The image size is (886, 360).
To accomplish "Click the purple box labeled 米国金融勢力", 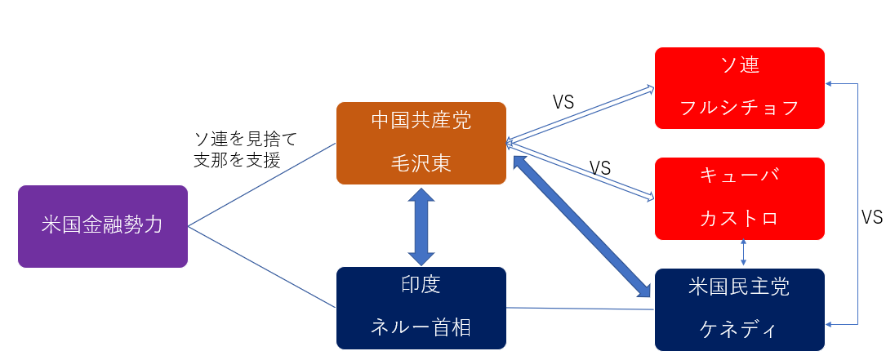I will point(102,226).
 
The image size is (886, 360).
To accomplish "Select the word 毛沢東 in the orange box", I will point(421,164).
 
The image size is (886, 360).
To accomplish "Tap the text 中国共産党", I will point(421,122).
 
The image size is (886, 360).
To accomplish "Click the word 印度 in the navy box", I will point(421,286).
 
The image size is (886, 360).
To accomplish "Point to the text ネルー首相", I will point(421,328).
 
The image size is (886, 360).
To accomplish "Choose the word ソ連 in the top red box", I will point(740,66).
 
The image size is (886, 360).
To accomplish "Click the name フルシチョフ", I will point(740,109).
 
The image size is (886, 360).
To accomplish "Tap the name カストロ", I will point(740,219).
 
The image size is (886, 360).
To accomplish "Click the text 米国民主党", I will point(740,287).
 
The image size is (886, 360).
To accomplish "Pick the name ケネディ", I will point(740,329).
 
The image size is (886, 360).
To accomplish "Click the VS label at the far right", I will point(872,218).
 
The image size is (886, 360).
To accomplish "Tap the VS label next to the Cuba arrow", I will point(600,168).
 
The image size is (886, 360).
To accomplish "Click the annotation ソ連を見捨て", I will point(244,140).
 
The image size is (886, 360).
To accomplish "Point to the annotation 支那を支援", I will point(237,161).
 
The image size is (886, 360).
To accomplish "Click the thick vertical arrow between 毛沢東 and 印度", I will point(421,226).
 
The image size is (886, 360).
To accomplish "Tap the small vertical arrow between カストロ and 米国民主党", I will point(742,253).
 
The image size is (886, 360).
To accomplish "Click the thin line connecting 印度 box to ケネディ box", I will point(580,309).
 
